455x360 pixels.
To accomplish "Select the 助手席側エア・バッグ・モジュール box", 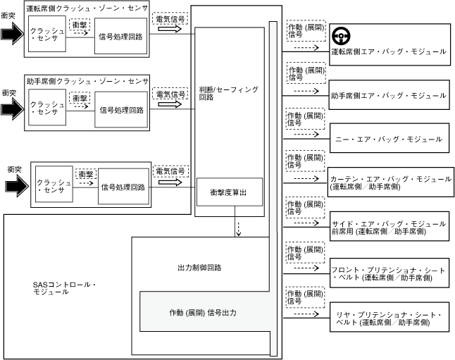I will click(x=388, y=94).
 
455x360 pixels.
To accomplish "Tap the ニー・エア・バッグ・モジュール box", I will click(x=388, y=139).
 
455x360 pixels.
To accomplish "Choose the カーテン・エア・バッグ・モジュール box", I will click(x=388, y=182).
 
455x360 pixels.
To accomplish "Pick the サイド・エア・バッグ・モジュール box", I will click(x=388, y=227).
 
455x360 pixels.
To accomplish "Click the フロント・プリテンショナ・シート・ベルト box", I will click(x=388, y=273).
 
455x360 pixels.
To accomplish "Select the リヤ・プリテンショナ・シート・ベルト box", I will click(x=388, y=318).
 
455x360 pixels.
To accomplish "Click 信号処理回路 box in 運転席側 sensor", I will click(x=121, y=36).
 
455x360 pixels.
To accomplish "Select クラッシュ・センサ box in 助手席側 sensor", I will click(x=46, y=108).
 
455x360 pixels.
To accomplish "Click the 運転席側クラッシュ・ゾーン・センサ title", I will click(x=87, y=8).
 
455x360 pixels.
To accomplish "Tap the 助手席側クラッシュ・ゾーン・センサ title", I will click(x=87, y=81).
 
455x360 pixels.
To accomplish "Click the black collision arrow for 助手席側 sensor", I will click(x=12, y=108).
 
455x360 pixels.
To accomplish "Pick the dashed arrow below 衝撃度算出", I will click(x=239, y=228).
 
